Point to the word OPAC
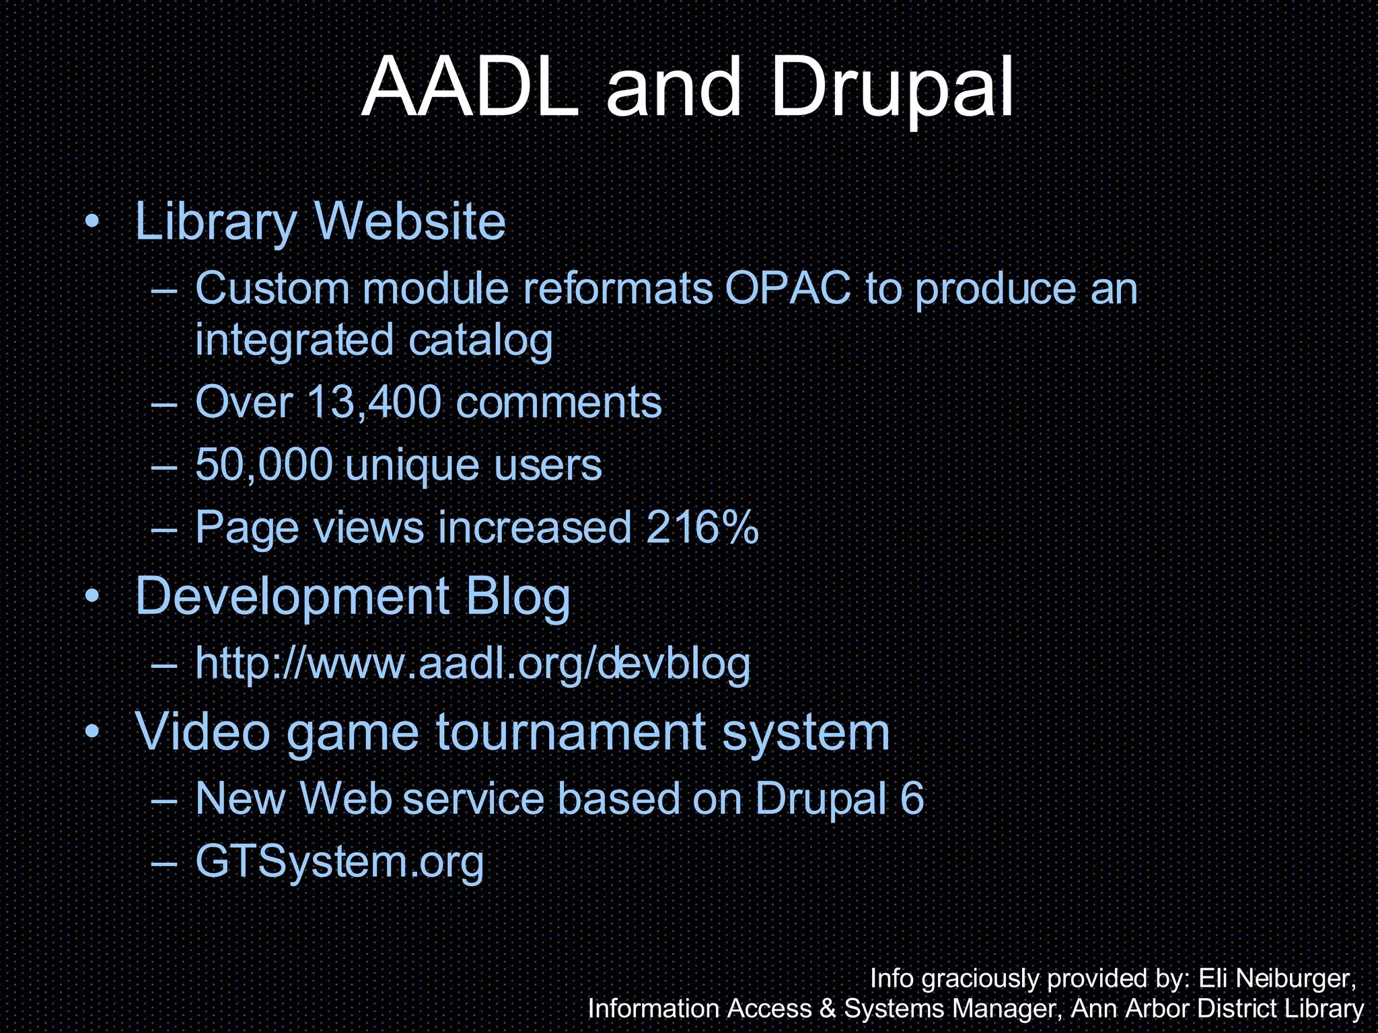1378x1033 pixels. click(x=787, y=289)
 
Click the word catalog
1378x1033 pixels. click(x=480, y=340)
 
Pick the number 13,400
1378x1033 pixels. click(x=374, y=402)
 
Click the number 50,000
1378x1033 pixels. click(x=264, y=465)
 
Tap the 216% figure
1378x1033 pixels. click(x=702, y=527)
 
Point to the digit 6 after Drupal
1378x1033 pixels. click(x=912, y=799)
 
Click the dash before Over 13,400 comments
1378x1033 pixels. click(x=165, y=404)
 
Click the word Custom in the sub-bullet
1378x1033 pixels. click(x=273, y=289)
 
